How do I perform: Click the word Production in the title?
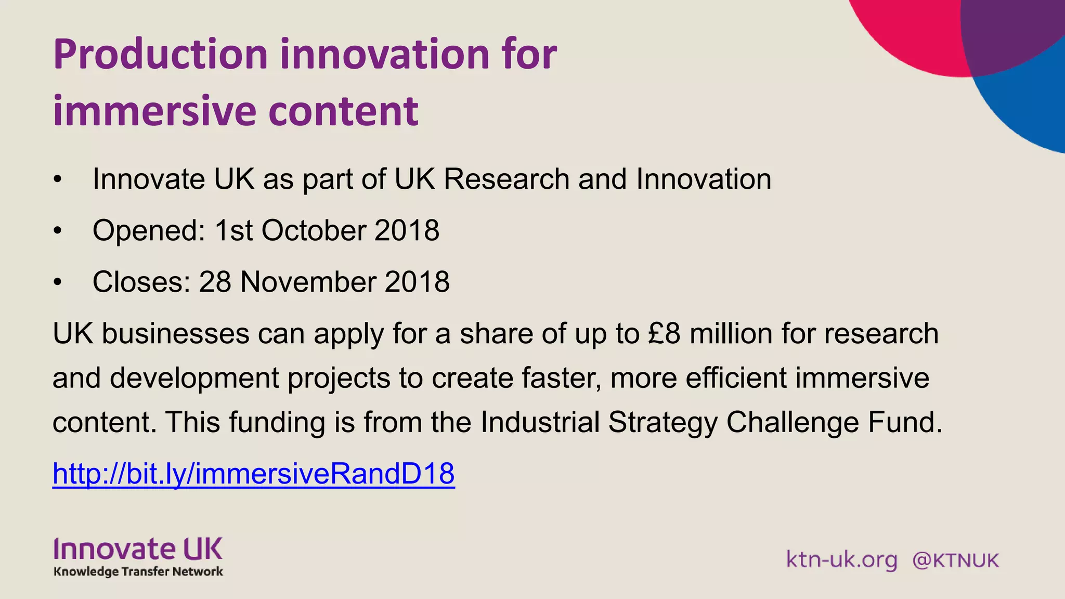coord(160,55)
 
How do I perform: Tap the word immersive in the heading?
coord(154,111)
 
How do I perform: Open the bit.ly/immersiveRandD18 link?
coord(254,474)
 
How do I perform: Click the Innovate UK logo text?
coord(138,550)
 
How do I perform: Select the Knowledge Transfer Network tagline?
coord(138,571)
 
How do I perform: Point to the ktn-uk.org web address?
coord(841,560)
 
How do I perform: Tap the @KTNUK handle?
coord(955,561)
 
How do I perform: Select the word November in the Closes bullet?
coord(308,282)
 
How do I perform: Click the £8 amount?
coord(664,333)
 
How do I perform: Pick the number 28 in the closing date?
coord(215,282)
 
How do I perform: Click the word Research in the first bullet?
coord(506,179)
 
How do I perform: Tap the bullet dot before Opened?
coord(57,230)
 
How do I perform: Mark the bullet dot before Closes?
coord(57,282)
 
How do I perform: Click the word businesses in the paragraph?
coord(176,333)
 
